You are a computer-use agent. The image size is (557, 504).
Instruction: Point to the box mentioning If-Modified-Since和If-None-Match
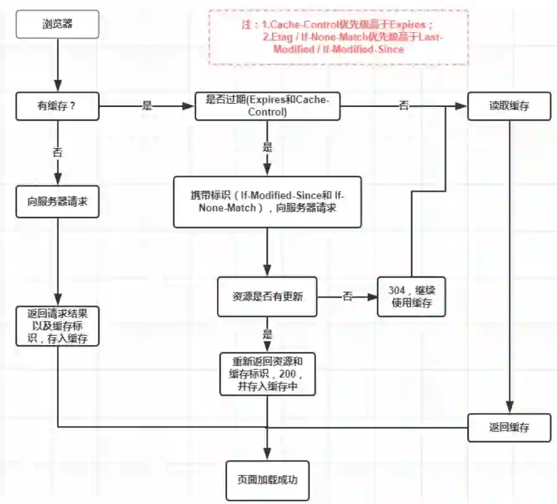(267, 202)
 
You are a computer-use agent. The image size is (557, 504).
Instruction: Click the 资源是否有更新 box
(267, 296)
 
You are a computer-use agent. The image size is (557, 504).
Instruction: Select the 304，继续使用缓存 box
(411, 296)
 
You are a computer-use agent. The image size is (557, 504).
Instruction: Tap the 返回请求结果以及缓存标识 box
(57, 324)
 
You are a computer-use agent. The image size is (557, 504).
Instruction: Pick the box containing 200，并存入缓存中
(267, 374)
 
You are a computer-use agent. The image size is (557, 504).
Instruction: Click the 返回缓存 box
(509, 427)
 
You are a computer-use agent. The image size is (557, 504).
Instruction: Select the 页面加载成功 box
(267, 479)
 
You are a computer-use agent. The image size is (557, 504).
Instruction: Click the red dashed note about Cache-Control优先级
(338, 37)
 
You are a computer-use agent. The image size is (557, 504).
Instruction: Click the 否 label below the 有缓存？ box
(57, 152)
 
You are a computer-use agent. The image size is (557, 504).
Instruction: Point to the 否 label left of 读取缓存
(403, 106)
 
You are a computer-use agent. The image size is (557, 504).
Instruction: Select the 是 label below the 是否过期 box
(267, 147)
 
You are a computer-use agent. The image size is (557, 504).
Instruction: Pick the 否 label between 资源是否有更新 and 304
(347, 297)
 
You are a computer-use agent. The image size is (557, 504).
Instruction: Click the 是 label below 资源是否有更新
(267, 335)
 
